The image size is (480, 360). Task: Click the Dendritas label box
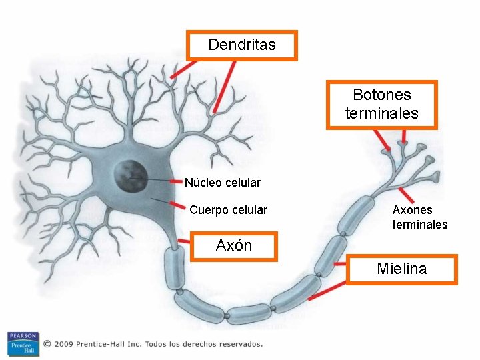(x=241, y=45)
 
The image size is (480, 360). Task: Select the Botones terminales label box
(x=381, y=105)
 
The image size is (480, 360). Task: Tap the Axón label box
(x=233, y=246)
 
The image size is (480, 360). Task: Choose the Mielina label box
(x=401, y=269)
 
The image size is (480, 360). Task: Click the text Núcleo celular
(x=222, y=183)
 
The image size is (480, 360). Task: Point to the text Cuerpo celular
(x=228, y=211)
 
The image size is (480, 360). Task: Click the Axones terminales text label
(x=419, y=217)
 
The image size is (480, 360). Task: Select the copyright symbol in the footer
(x=47, y=344)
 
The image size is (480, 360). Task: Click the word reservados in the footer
(x=242, y=344)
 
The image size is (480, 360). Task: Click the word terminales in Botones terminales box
(x=381, y=113)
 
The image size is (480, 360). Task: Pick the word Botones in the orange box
(x=381, y=95)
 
